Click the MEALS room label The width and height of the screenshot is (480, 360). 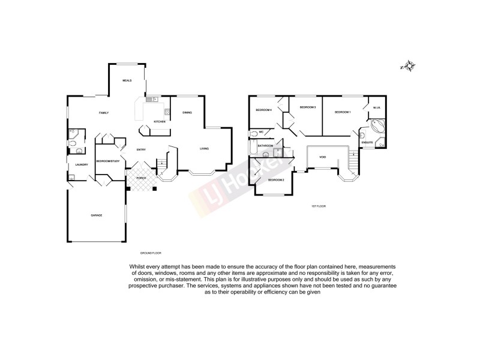pos(127,80)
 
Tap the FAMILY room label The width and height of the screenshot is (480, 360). pos(104,113)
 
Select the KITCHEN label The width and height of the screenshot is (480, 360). pos(159,122)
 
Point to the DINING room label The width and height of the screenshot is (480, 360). pos(187,112)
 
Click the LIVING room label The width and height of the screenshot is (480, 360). pos(204,149)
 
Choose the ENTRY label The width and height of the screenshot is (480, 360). pos(141,149)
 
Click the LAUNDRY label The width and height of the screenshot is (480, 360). pos(82,165)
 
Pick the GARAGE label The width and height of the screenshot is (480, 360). pos(96,215)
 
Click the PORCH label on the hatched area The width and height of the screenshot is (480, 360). pos(141,178)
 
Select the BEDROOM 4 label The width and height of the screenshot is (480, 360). pos(264,110)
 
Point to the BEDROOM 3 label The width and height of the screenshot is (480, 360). pos(308,107)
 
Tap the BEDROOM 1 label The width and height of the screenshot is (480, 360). pos(343,112)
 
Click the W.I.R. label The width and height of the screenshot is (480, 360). pos(377,107)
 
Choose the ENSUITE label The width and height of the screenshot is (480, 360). pos(368,142)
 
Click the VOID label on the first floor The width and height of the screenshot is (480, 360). pos(323,157)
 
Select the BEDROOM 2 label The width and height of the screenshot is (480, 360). pos(275,180)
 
